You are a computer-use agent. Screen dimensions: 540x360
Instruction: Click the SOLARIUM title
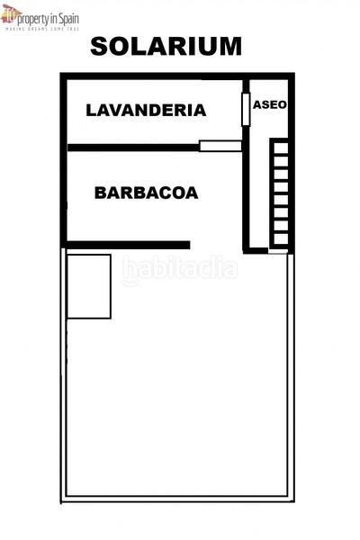pos(166,47)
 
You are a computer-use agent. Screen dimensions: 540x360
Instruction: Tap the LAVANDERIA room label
pos(146,111)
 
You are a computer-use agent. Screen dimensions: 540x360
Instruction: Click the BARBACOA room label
pos(146,193)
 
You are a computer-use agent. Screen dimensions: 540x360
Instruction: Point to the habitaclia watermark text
pos(180,268)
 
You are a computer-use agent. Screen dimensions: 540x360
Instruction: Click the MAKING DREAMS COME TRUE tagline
pos(42,30)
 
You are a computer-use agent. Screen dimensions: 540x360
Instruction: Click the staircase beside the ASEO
pos(281,192)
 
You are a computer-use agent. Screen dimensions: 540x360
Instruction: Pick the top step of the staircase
pos(281,144)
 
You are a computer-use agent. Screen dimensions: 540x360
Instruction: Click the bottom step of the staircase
pos(281,239)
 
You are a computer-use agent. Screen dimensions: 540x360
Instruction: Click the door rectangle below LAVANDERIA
pos(220,146)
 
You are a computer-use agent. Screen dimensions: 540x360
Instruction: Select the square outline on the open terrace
pos(89,286)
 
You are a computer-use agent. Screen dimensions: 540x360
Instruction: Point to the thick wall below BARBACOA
pos(126,245)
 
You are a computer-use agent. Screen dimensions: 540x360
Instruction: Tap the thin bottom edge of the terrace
pos(178,499)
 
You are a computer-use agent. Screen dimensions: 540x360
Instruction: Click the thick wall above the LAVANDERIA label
pos(153,77)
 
